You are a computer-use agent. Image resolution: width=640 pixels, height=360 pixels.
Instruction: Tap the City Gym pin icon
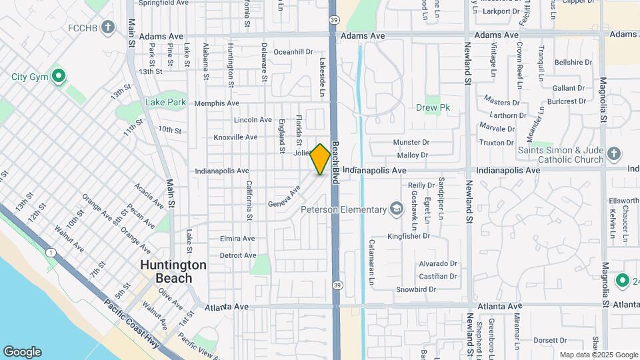pyautogui.click(x=58, y=77)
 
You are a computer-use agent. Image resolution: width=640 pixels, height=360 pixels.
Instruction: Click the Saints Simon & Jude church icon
pyautogui.click(x=614, y=154)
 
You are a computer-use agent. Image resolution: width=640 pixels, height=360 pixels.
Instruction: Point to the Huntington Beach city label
pyautogui.click(x=173, y=271)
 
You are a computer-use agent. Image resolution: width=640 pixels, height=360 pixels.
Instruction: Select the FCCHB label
pyautogui.click(x=83, y=29)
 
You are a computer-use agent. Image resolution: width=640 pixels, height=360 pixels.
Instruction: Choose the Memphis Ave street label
pyautogui.click(x=217, y=103)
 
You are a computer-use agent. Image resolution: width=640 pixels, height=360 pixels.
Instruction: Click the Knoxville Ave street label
pyautogui.click(x=235, y=137)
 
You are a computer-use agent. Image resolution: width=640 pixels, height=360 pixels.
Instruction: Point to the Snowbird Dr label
pyautogui.click(x=415, y=289)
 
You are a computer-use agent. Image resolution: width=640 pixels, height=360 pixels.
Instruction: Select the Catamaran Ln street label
pyautogui.click(x=371, y=259)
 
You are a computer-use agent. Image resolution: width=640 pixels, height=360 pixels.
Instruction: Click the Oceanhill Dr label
pyautogui.click(x=293, y=51)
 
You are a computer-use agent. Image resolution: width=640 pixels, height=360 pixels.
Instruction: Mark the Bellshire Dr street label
pyautogui.click(x=573, y=62)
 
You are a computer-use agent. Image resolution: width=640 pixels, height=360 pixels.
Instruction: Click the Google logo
pyautogui.click(x=22, y=352)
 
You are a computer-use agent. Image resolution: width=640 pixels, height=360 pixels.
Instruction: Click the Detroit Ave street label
pyautogui.click(x=238, y=255)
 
